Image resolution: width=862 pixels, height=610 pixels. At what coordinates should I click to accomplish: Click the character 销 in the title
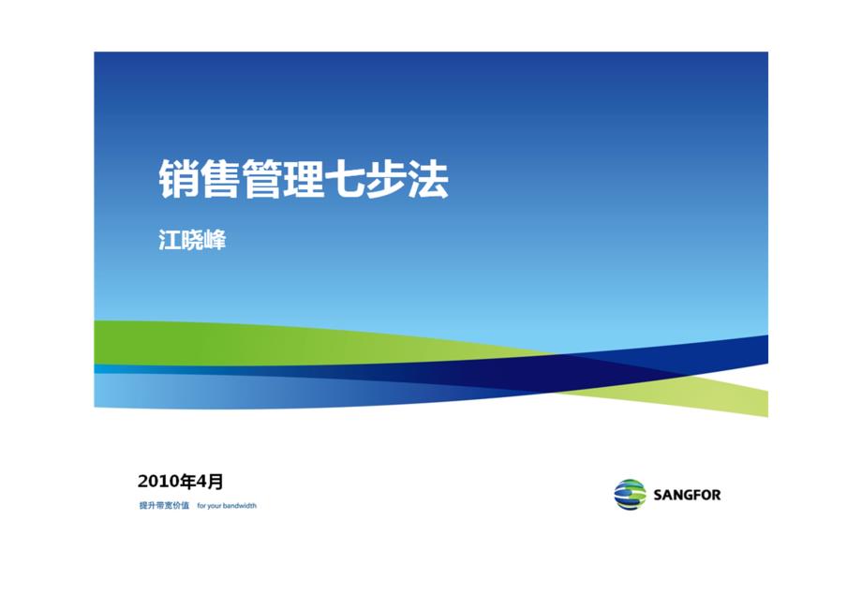tap(179, 179)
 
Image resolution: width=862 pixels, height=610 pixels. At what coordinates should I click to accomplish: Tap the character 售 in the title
tap(220, 179)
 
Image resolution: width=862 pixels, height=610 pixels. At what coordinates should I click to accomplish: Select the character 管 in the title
tap(261, 179)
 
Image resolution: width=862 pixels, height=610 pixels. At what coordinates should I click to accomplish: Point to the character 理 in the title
tap(303, 179)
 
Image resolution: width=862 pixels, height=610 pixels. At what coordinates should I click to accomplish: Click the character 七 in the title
tap(344, 179)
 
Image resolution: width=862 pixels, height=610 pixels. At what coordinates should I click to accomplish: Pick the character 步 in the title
tap(386, 179)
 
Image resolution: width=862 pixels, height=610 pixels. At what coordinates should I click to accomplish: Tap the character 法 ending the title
tap(427, 179)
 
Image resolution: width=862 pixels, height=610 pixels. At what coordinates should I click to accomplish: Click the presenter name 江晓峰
tap(192, 240)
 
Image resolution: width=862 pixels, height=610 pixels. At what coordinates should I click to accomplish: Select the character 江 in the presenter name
tap(170, 240)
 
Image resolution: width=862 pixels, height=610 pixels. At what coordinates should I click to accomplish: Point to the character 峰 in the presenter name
tap(215, 240)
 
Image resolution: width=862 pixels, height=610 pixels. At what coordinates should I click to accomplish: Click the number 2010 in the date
tap(159, 482)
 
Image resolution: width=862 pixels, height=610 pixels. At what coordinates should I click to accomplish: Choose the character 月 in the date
tap(215, 482)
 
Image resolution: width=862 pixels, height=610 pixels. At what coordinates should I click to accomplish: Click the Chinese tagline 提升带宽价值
tap(164, 506)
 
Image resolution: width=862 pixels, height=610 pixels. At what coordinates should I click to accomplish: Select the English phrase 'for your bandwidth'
tap(227, 506)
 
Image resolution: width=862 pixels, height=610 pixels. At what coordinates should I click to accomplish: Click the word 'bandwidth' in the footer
tap(240, 506)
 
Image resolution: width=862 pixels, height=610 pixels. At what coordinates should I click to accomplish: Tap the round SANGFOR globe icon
tap(630, 495)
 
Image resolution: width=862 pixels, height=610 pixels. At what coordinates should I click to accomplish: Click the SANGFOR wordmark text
tap(687, 495)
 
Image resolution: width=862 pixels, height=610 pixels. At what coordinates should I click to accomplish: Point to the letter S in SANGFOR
tap(658, 495)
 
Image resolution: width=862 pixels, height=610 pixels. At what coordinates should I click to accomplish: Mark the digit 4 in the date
tap(202, 482)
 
